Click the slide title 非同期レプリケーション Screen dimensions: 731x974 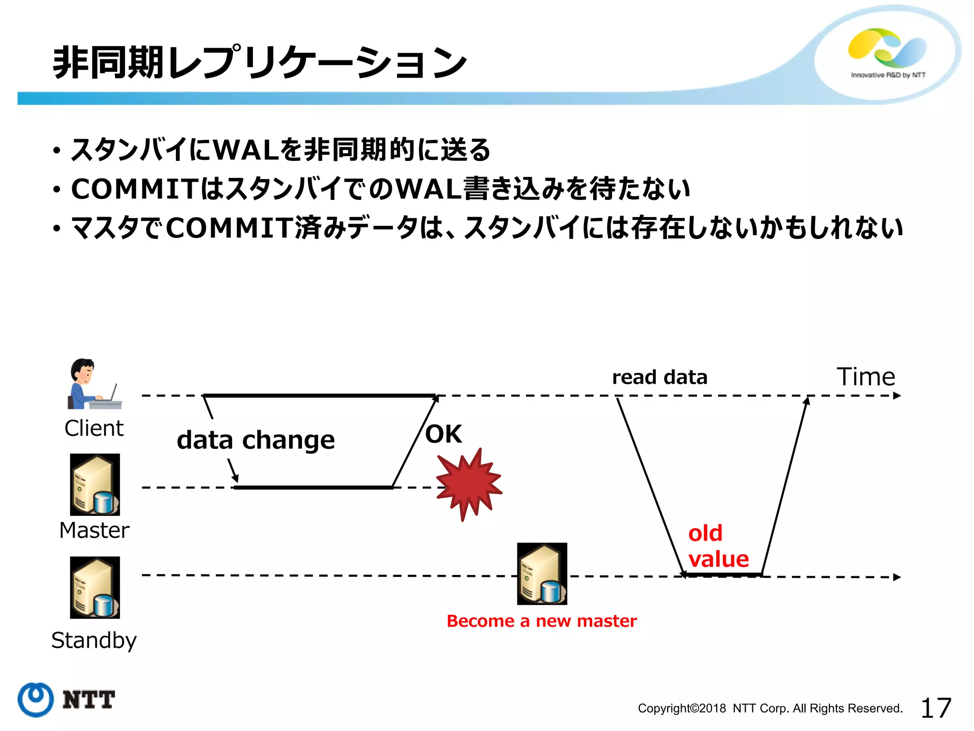pos(259,63)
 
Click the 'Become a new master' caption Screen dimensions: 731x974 pos(541,621)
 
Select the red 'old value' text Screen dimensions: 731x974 pos(718,546)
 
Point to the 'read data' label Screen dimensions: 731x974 pos(660,377)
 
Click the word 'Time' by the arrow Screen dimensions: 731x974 pos(866,377)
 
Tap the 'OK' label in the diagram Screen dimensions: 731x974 pos(443,434)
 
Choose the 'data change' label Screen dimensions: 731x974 pos(256,440)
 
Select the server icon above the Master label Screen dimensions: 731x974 pos(95,484)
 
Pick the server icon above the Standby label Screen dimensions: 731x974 pos(95,588)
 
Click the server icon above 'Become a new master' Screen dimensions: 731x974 pos(542,574)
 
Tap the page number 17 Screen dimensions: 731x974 pos(935,708)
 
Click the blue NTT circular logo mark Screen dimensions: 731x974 pos(35,700)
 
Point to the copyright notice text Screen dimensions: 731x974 pos(770,709)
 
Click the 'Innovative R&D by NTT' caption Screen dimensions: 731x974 pos(888,75)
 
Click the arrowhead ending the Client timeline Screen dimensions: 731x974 pos(897,396)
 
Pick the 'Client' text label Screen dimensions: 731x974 pos(94,428)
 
